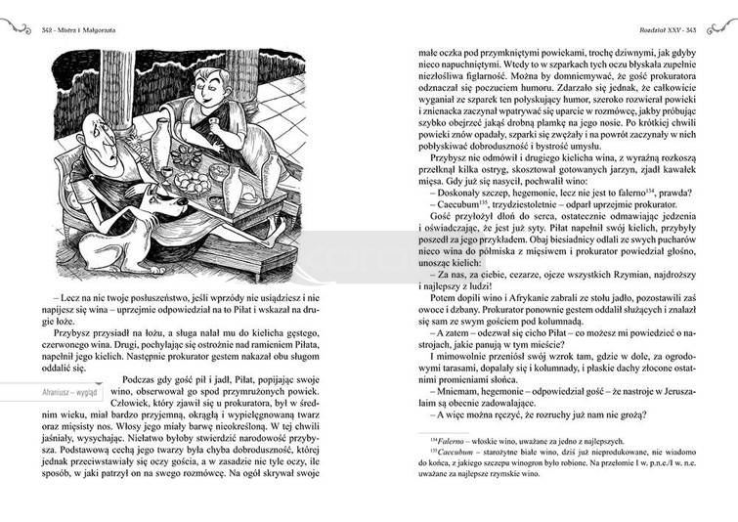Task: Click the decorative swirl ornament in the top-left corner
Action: tap(16, 28)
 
